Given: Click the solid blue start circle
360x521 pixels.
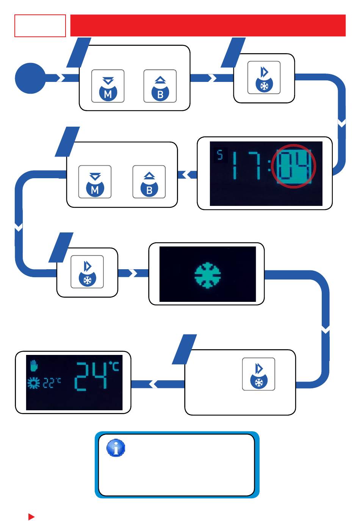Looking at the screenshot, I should (30, 78).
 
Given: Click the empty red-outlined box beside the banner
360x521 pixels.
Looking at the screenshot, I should (40, 26).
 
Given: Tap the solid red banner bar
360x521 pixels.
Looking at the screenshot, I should (208, 25).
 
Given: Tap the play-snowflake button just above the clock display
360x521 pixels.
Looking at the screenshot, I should (264, 78).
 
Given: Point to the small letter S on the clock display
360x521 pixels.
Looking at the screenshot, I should (220, 155).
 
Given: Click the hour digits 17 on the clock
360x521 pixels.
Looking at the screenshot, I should (247, 165).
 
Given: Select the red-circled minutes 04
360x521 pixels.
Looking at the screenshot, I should (294, 166).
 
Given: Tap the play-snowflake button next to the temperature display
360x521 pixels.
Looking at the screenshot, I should (258, 374).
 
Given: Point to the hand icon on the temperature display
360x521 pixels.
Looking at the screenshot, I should (34, 366).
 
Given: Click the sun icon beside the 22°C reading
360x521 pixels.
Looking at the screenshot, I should (34, 383).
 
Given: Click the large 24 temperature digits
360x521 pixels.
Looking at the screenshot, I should (91, 376).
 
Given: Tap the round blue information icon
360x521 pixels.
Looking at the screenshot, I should (116, 448).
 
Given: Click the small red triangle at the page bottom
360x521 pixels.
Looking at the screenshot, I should (31, 517).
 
